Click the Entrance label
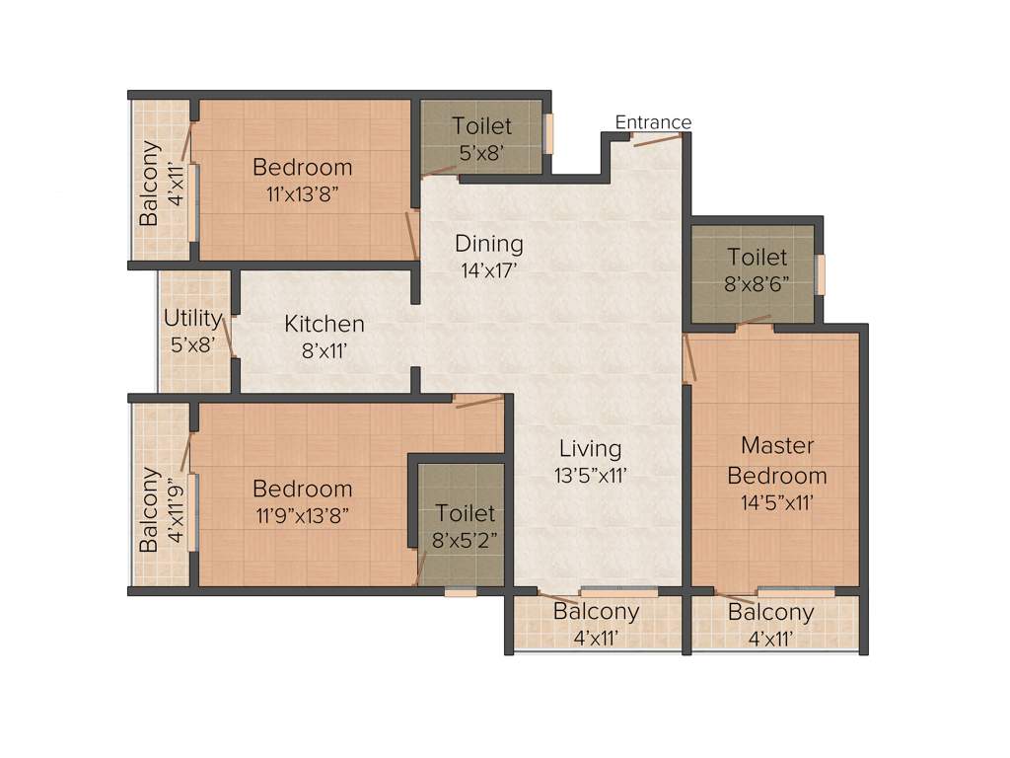click(653, 122)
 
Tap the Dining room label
click(488, 244)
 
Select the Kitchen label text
click(325, 324)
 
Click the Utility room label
click(192, 319)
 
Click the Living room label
click(589, 449)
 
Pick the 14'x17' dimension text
click(488, 269)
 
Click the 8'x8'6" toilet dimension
click(757, 284)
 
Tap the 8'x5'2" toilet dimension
click(466, 540)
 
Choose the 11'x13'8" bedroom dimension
click(302, 193)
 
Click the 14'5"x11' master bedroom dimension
click(776, 502)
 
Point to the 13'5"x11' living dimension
click(589, 475)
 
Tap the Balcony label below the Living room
click(596, 612)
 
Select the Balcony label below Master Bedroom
click(770, 613)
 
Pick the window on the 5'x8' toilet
click(548, 134)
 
